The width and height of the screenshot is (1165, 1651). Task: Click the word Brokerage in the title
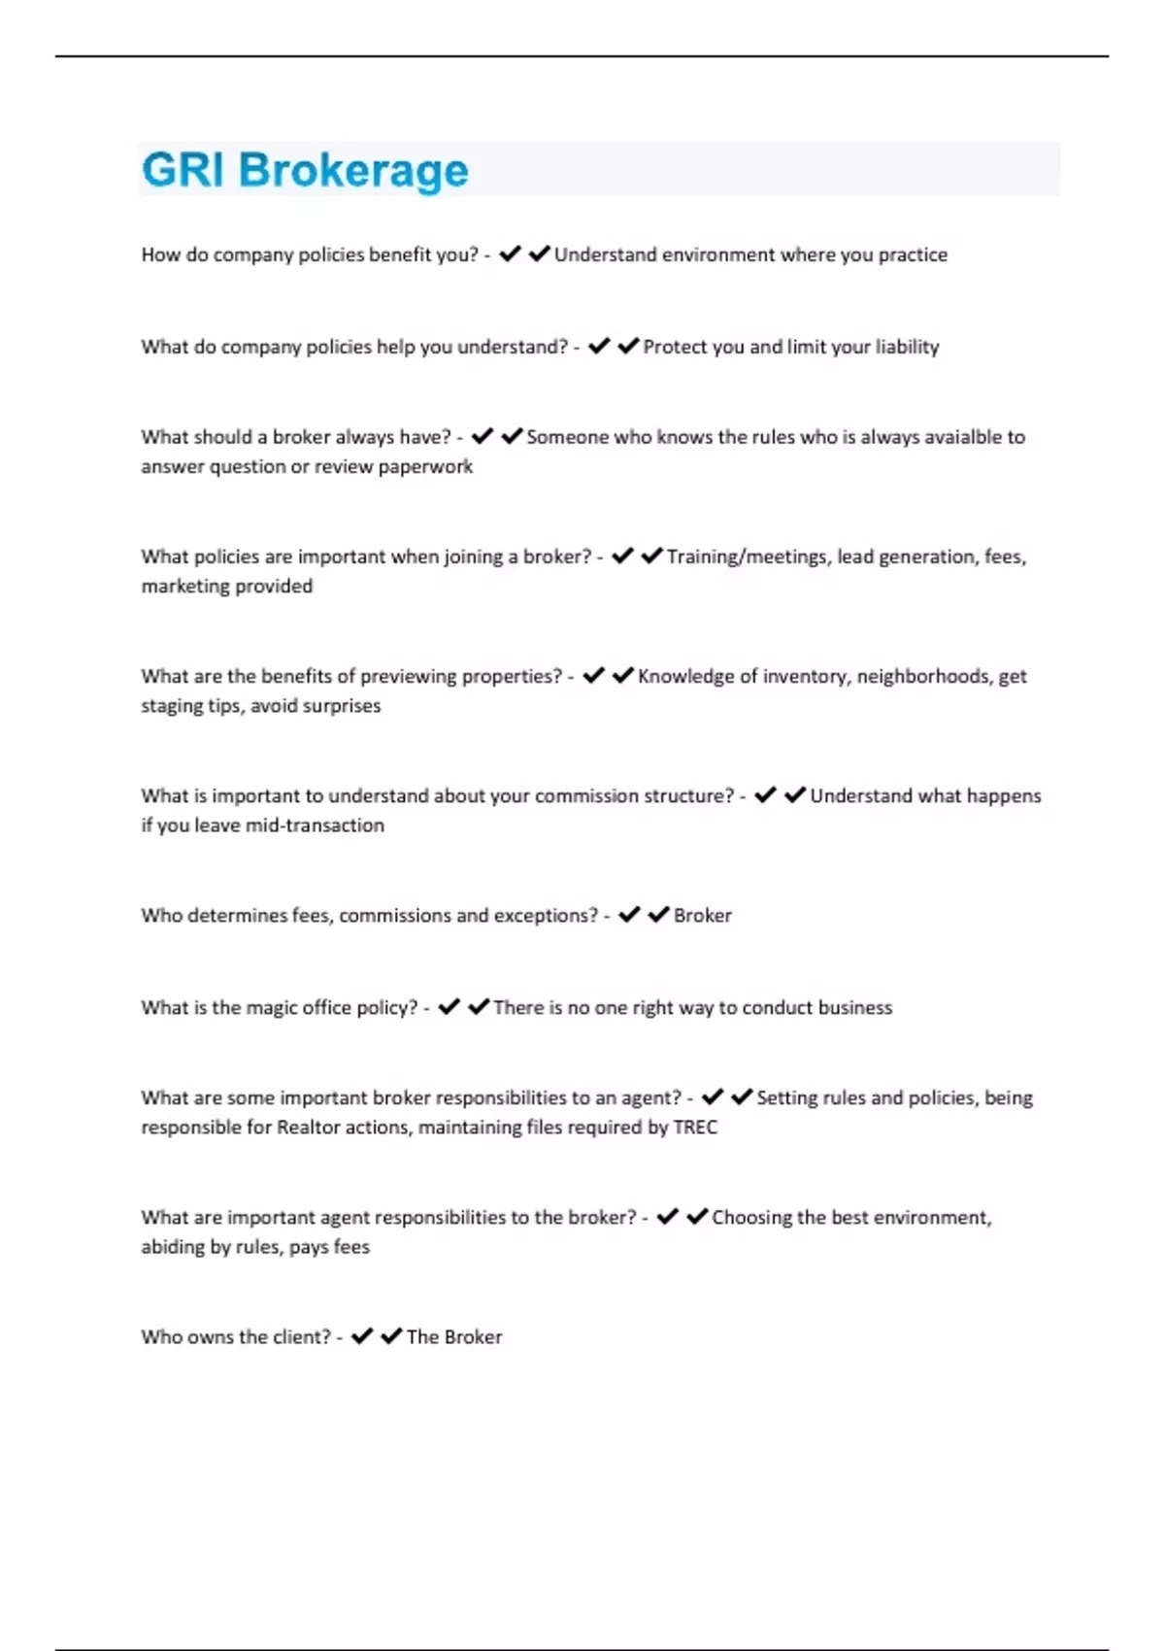click(x=353, y=171)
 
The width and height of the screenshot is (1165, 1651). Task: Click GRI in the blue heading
click(x=183, y=170)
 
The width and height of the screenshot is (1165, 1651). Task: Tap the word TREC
click(x=695, y=1128)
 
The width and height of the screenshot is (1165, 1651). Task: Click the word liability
click(x=907, y=347)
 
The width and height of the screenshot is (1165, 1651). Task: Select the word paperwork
click(x=425, y=467)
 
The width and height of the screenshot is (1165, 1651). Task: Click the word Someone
click(x=567, y=437)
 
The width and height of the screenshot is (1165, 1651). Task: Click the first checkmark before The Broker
click(x=362, y=1336)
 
